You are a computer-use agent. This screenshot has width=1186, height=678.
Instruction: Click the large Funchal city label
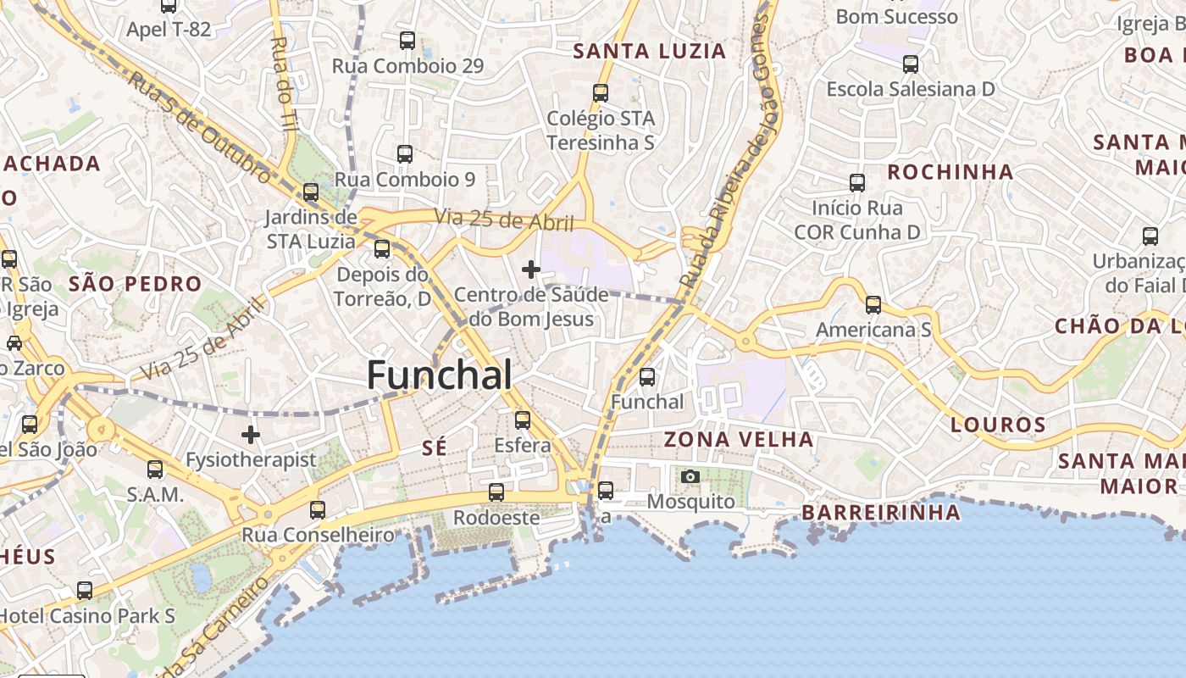pos(440,375)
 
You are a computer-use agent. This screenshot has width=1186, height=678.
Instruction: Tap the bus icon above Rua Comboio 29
pos(407,40)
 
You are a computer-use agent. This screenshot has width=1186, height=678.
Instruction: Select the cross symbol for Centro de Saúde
pos(531,270)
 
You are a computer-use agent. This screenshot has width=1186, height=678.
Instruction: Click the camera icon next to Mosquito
pos(690,476)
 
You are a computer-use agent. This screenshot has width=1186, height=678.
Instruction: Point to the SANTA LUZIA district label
pos(650,51)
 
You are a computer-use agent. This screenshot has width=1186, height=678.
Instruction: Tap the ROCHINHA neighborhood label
pos(950,172)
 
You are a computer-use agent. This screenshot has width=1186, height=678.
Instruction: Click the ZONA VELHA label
pos(739,439)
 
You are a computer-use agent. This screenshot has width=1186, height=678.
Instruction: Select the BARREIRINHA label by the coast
pos(881,512)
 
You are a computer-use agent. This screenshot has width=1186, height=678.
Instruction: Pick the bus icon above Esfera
pos(523,420)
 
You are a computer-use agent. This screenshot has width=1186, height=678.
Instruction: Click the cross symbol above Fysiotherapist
pos(251,435)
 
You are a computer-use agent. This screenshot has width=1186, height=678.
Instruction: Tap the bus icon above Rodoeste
pos(496,492)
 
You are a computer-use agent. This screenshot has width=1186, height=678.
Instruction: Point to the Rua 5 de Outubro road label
pos(200,126)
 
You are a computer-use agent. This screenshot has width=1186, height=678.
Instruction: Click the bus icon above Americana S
pos(873,305)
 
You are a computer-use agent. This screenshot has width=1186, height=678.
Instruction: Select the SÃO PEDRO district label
pos(136,284)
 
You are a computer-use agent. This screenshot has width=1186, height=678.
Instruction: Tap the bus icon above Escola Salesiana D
pos(911,64)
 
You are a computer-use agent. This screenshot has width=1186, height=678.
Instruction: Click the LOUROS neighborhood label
pos(998,425)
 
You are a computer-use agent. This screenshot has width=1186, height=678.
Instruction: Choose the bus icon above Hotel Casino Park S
pos(85,590)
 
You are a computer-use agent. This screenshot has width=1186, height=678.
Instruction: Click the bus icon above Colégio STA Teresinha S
pos(601,93)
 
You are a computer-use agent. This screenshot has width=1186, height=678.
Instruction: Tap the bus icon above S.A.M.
pos(155,469)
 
